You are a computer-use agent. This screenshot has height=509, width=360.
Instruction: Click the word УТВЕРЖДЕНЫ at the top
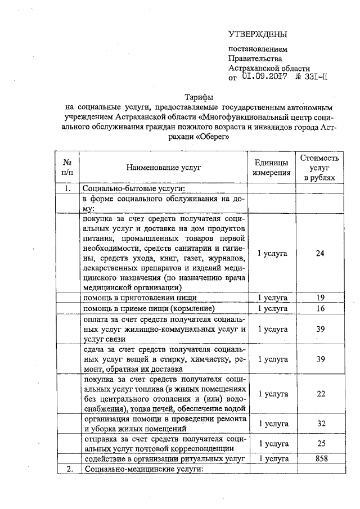coord(258,35)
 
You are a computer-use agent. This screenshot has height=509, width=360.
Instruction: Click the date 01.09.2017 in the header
coord(266,77)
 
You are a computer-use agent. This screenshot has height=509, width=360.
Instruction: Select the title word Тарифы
coord(199,96)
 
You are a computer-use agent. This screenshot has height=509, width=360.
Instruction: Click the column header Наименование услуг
coord(163,168)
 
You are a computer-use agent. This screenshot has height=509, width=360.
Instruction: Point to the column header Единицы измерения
coord(272,168)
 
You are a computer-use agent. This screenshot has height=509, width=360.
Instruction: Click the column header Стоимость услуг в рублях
coord(319,168)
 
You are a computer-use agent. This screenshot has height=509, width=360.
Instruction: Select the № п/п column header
coord(67,168)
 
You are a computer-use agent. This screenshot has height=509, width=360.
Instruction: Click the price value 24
coord(319,254)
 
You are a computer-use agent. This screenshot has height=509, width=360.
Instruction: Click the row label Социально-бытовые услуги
coord(134,189)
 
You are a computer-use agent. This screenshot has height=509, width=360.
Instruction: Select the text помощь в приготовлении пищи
coord(140,298)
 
